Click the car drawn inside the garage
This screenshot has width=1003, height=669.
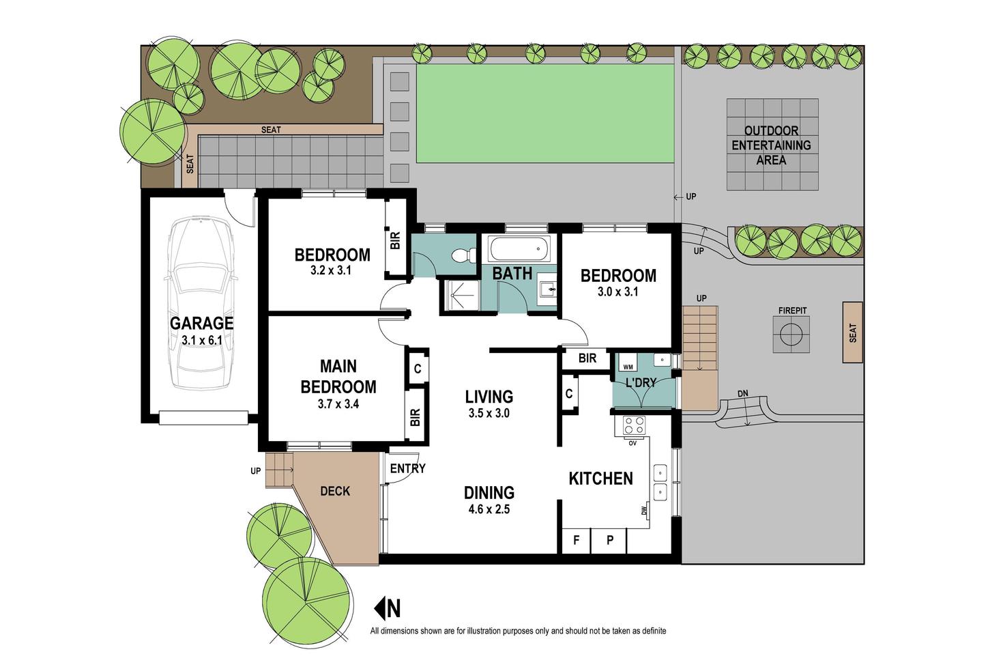point(201,304)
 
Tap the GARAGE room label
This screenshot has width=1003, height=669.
point(201,323)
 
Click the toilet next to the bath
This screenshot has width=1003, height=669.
point(463,255)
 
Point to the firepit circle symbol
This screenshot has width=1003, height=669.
point(791,334)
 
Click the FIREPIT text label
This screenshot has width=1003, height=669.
point(792,310)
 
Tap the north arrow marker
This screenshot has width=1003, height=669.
point(388,608)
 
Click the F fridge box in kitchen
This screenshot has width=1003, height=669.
point(577,541)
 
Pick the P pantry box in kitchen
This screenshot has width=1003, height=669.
point(609,541)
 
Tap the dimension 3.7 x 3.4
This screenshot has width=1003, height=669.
point(338,403)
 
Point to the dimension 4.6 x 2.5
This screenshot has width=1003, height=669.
point(489,509)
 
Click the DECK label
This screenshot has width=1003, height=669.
point(335,491)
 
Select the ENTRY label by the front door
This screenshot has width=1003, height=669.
point(407,469)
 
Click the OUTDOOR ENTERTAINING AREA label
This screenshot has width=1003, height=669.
point(771,145)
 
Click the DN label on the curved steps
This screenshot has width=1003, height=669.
point(743,393)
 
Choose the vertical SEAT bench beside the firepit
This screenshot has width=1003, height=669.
point(853,332)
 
